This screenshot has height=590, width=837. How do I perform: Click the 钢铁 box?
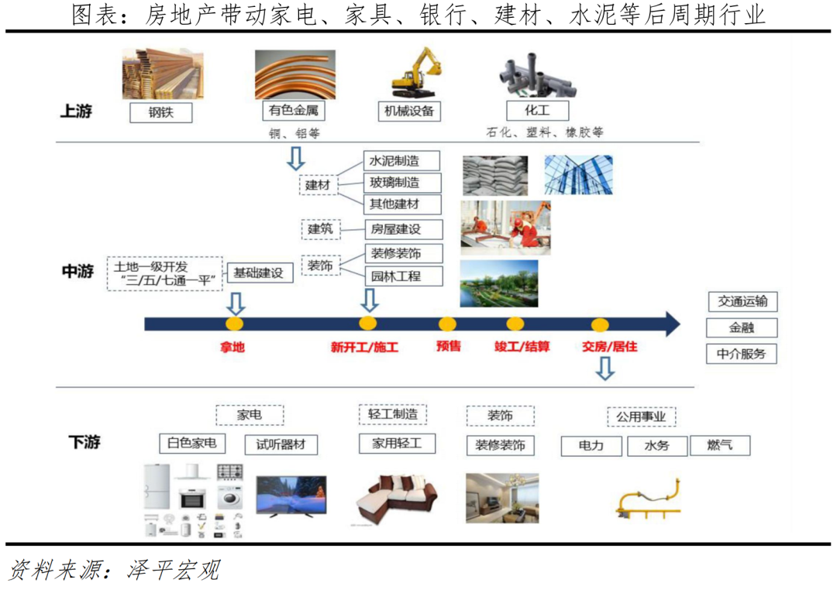tap(160, 113)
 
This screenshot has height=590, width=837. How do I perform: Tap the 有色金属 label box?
tap(293, 111)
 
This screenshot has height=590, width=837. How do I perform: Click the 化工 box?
tap(536, 110)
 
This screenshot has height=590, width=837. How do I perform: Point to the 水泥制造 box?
tap(402, 161)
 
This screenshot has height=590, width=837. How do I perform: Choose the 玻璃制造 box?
tap(402, 183)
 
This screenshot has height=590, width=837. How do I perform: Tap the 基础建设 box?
tap(260, 273)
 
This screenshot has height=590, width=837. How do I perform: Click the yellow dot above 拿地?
tap(234, 324)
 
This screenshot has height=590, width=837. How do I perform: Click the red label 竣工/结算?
tap(522, 347)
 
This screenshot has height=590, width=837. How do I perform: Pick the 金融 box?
tap(742, 328)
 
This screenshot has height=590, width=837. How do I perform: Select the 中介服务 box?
tap(742, 354)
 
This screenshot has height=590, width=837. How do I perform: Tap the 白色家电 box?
tap(192, 444)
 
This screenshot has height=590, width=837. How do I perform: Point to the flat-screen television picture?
tap(291, 495)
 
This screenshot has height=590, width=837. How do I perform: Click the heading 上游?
tap(76, 111)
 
